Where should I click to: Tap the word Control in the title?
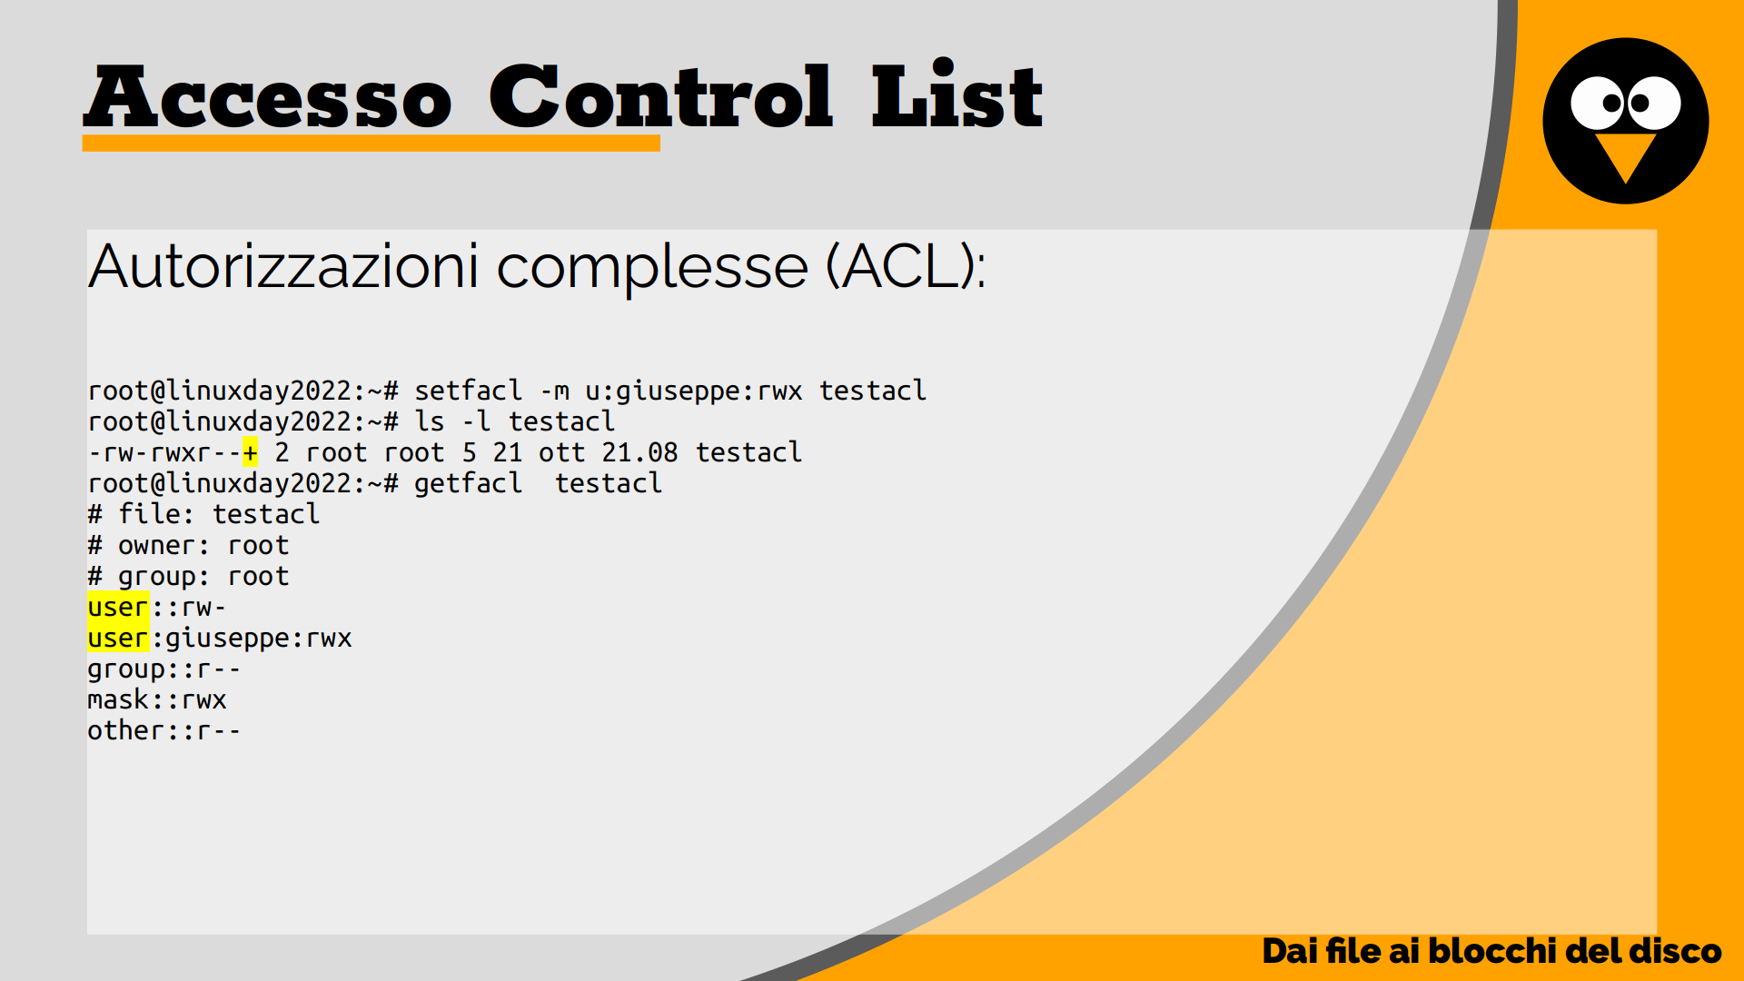coord(660,96)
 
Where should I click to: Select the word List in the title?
coord(957,94)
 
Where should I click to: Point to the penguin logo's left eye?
coord(1599,103)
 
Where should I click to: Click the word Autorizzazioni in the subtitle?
coord(283,267)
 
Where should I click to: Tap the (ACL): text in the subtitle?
coord(906,267)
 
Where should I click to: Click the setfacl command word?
coord(469,391)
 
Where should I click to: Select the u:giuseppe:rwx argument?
coord(694,391)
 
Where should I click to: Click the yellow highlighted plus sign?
coord(250,452)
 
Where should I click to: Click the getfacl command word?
coord(469,484)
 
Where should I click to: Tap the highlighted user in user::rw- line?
coord(118,607)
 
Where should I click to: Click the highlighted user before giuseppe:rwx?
coord(118,638)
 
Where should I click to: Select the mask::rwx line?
coord(157,699)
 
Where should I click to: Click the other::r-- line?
coord(163,730)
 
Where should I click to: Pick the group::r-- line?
coord(163,670)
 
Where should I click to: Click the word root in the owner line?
coord(259,546)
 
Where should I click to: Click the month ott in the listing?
coord(561,452)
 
